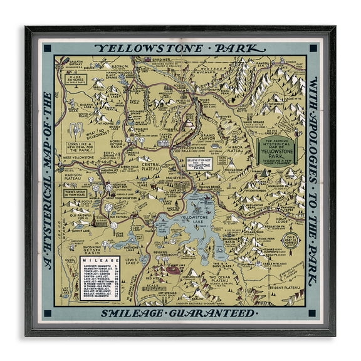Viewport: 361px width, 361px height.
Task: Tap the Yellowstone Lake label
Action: pyautogui.click(x=189, y=219)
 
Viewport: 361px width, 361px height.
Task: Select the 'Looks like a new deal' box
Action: pyautogui.click(x=79, y=148)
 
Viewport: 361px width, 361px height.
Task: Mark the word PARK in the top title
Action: pyautogui.click(x=230, y=48)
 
